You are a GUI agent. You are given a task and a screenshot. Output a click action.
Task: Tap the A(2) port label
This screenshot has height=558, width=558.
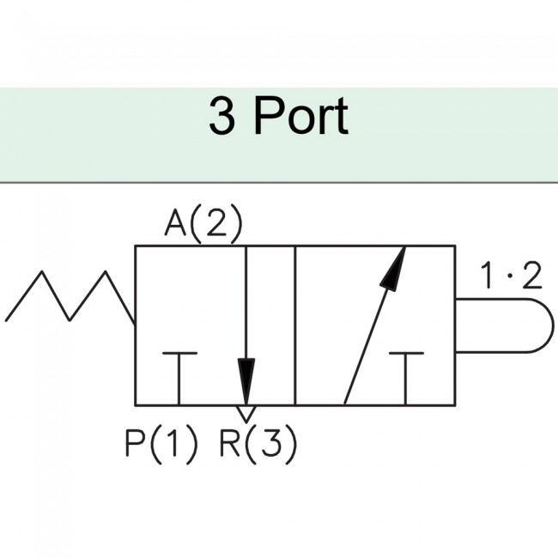click(x=204, y=225)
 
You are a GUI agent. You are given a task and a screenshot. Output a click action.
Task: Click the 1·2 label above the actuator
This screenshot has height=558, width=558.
click(x=511, y=276)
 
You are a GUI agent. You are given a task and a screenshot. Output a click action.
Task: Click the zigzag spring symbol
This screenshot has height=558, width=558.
click(x=70, y=297)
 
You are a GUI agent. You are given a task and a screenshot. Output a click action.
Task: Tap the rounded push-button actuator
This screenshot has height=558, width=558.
click(x=502, y=325)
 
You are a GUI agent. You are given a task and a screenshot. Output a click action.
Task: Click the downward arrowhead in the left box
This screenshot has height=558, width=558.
click(x=246, y=378)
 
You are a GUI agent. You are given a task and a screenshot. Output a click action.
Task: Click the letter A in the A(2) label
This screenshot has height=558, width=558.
click(x=176, y=225)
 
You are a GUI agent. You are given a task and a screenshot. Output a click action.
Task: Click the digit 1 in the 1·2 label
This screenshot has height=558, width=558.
click(x=487, y=276)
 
